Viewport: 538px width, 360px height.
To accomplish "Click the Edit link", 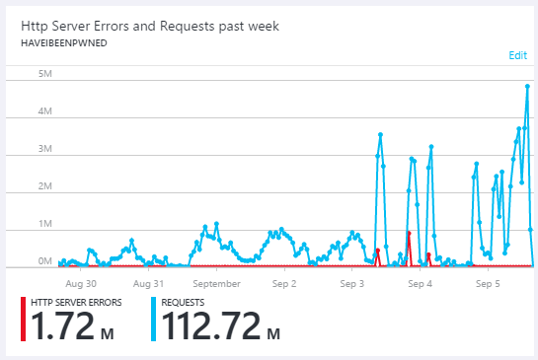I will (517, 55).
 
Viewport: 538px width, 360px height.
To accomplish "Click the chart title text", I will (152, 26).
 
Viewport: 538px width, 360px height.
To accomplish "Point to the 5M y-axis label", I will (44, 75).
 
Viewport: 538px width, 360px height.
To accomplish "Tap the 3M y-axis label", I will (44, 150).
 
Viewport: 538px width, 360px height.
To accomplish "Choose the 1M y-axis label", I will (44, 224).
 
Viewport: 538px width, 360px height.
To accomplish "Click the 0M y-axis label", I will (44, 261).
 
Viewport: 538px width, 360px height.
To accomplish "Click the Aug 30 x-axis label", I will (78, 283).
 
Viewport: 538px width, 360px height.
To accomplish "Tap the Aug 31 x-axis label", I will (147, 283).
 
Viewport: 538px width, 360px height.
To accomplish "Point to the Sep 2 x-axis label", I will (284, 283).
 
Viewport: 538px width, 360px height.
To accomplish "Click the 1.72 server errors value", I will (62, 325).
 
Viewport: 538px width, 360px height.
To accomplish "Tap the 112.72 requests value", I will (210, 325).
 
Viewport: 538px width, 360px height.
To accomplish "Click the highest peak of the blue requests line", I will (528, 86).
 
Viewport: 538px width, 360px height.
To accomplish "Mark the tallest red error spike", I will (408, 233).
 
